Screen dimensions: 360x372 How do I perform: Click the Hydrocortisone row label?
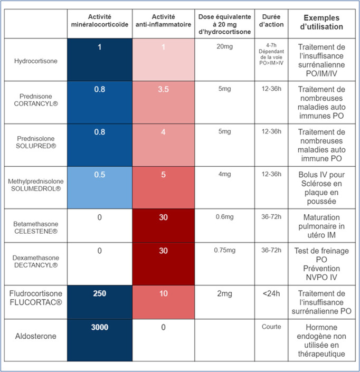tap(36, 61)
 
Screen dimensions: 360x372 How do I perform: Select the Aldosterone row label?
tap(36, 336)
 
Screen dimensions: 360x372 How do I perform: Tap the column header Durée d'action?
tap(271, 21)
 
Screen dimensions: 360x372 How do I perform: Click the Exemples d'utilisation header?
tap(321, 22)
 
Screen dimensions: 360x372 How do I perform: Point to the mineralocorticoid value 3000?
tap(100, 327)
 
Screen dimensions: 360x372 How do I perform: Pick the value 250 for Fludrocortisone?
tap(100, 293)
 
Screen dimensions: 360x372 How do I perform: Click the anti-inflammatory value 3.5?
tap(163, 89)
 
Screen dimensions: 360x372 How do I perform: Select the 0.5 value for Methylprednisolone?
tap(100, 175)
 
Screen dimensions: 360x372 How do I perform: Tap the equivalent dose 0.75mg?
tap(224, 250)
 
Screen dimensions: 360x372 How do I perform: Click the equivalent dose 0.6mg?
tap(224, 217)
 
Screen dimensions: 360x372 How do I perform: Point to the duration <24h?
tap(271, 293)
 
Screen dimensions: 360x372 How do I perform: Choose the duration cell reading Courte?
tap(271, 327)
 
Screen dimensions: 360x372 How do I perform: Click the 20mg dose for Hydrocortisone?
tap(224, 46)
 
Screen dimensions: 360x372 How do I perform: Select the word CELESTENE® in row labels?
tap(36, 231)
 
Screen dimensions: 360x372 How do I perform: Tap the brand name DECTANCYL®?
tap(36, 265)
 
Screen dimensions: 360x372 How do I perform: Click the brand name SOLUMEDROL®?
tap(36, 188)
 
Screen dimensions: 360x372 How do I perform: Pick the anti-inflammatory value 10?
tap(163, 293)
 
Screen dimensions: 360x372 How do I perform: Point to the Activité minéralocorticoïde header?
tap(100, 21)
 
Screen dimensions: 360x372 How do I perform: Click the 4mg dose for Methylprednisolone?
tap(224, 174)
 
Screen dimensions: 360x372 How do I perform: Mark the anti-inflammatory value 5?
tap(163, 175)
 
